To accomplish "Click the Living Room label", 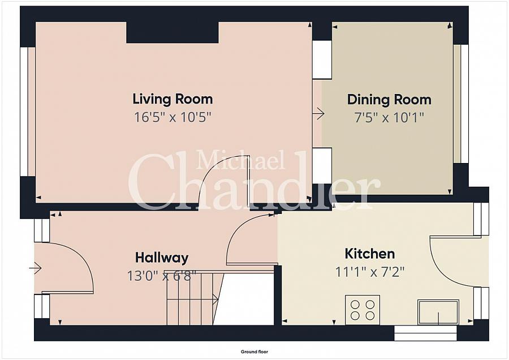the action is pos(172,99).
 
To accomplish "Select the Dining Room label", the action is pos(389,100).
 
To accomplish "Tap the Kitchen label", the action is pos(370,254).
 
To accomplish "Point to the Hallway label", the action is pos(162,258).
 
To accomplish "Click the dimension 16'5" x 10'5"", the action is pos(172,117).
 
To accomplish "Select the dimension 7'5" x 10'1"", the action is pos(389,117).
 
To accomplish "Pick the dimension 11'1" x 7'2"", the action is pos(370,272).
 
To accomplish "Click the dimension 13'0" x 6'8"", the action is pos(162,276).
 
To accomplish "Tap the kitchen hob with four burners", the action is pos(363,310).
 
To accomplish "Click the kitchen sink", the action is pos(438,312).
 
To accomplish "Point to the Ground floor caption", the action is pos(254,352).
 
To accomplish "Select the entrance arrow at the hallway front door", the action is pos(35,268).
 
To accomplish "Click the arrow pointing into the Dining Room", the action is pos(318,113).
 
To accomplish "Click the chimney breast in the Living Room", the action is pos(172,32).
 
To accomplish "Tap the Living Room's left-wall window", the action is pos(28,112).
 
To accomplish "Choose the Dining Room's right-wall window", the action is pos(461,104).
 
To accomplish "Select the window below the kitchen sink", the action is pos(425,333).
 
